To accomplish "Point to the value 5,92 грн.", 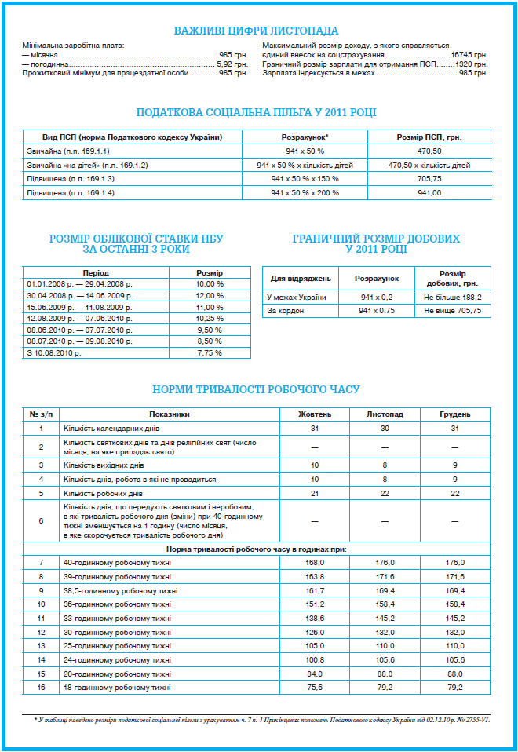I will (232, 64).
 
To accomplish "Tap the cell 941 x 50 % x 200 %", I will (305, 193).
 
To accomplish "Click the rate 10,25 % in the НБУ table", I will (210, 319).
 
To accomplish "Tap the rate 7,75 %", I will (210, 353).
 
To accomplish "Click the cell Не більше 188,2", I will (452, 298).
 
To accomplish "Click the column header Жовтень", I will (315, 414).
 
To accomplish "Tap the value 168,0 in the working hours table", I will (315, 563).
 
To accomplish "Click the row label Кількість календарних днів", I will (103, 428).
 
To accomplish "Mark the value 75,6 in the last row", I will (315, 688).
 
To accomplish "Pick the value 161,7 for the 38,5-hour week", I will (315, 590).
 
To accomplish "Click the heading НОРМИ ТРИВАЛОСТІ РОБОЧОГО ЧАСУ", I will (256, 389).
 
